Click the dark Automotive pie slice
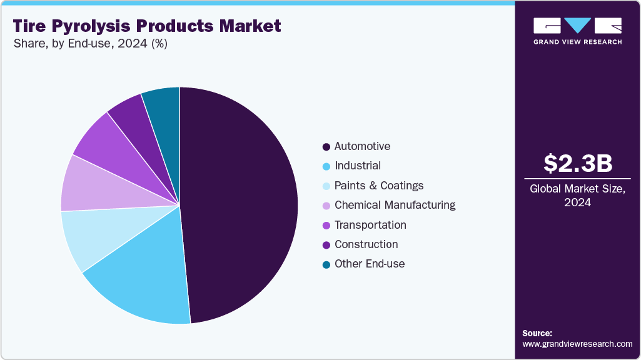pos(244,200)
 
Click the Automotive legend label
pos(362,146)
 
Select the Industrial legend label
pos(357,166)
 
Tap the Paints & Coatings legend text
pos(378,186)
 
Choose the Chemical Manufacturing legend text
pos(395,205)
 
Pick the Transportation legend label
pos(370,225)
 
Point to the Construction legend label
pos(366,244)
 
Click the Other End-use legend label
pos(369,264)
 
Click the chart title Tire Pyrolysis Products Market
pos(146,26)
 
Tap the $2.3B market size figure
pos(577,163)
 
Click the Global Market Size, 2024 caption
pos(577,196)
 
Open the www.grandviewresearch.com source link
pos(577,344)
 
